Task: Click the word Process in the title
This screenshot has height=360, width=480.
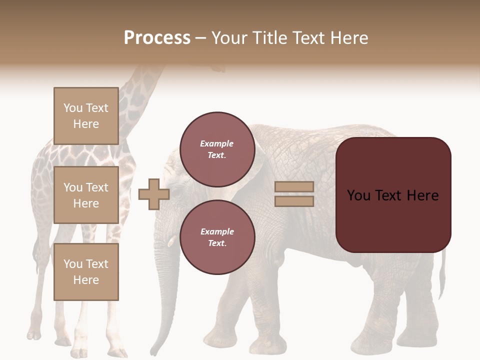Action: point(157,38)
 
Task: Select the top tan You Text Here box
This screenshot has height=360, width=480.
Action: point(86,116)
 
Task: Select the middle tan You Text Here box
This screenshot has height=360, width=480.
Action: point(86,195)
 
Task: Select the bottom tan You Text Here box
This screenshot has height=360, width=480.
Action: point(86,271)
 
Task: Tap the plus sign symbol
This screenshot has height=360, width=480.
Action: point(153,194)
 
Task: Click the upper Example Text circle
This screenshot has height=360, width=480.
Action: point(217,149)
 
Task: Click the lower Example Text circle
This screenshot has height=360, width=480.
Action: point(217,237)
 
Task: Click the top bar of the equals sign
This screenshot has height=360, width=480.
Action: point(294,187)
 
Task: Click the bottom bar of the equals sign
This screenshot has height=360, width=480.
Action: point(294,201)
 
